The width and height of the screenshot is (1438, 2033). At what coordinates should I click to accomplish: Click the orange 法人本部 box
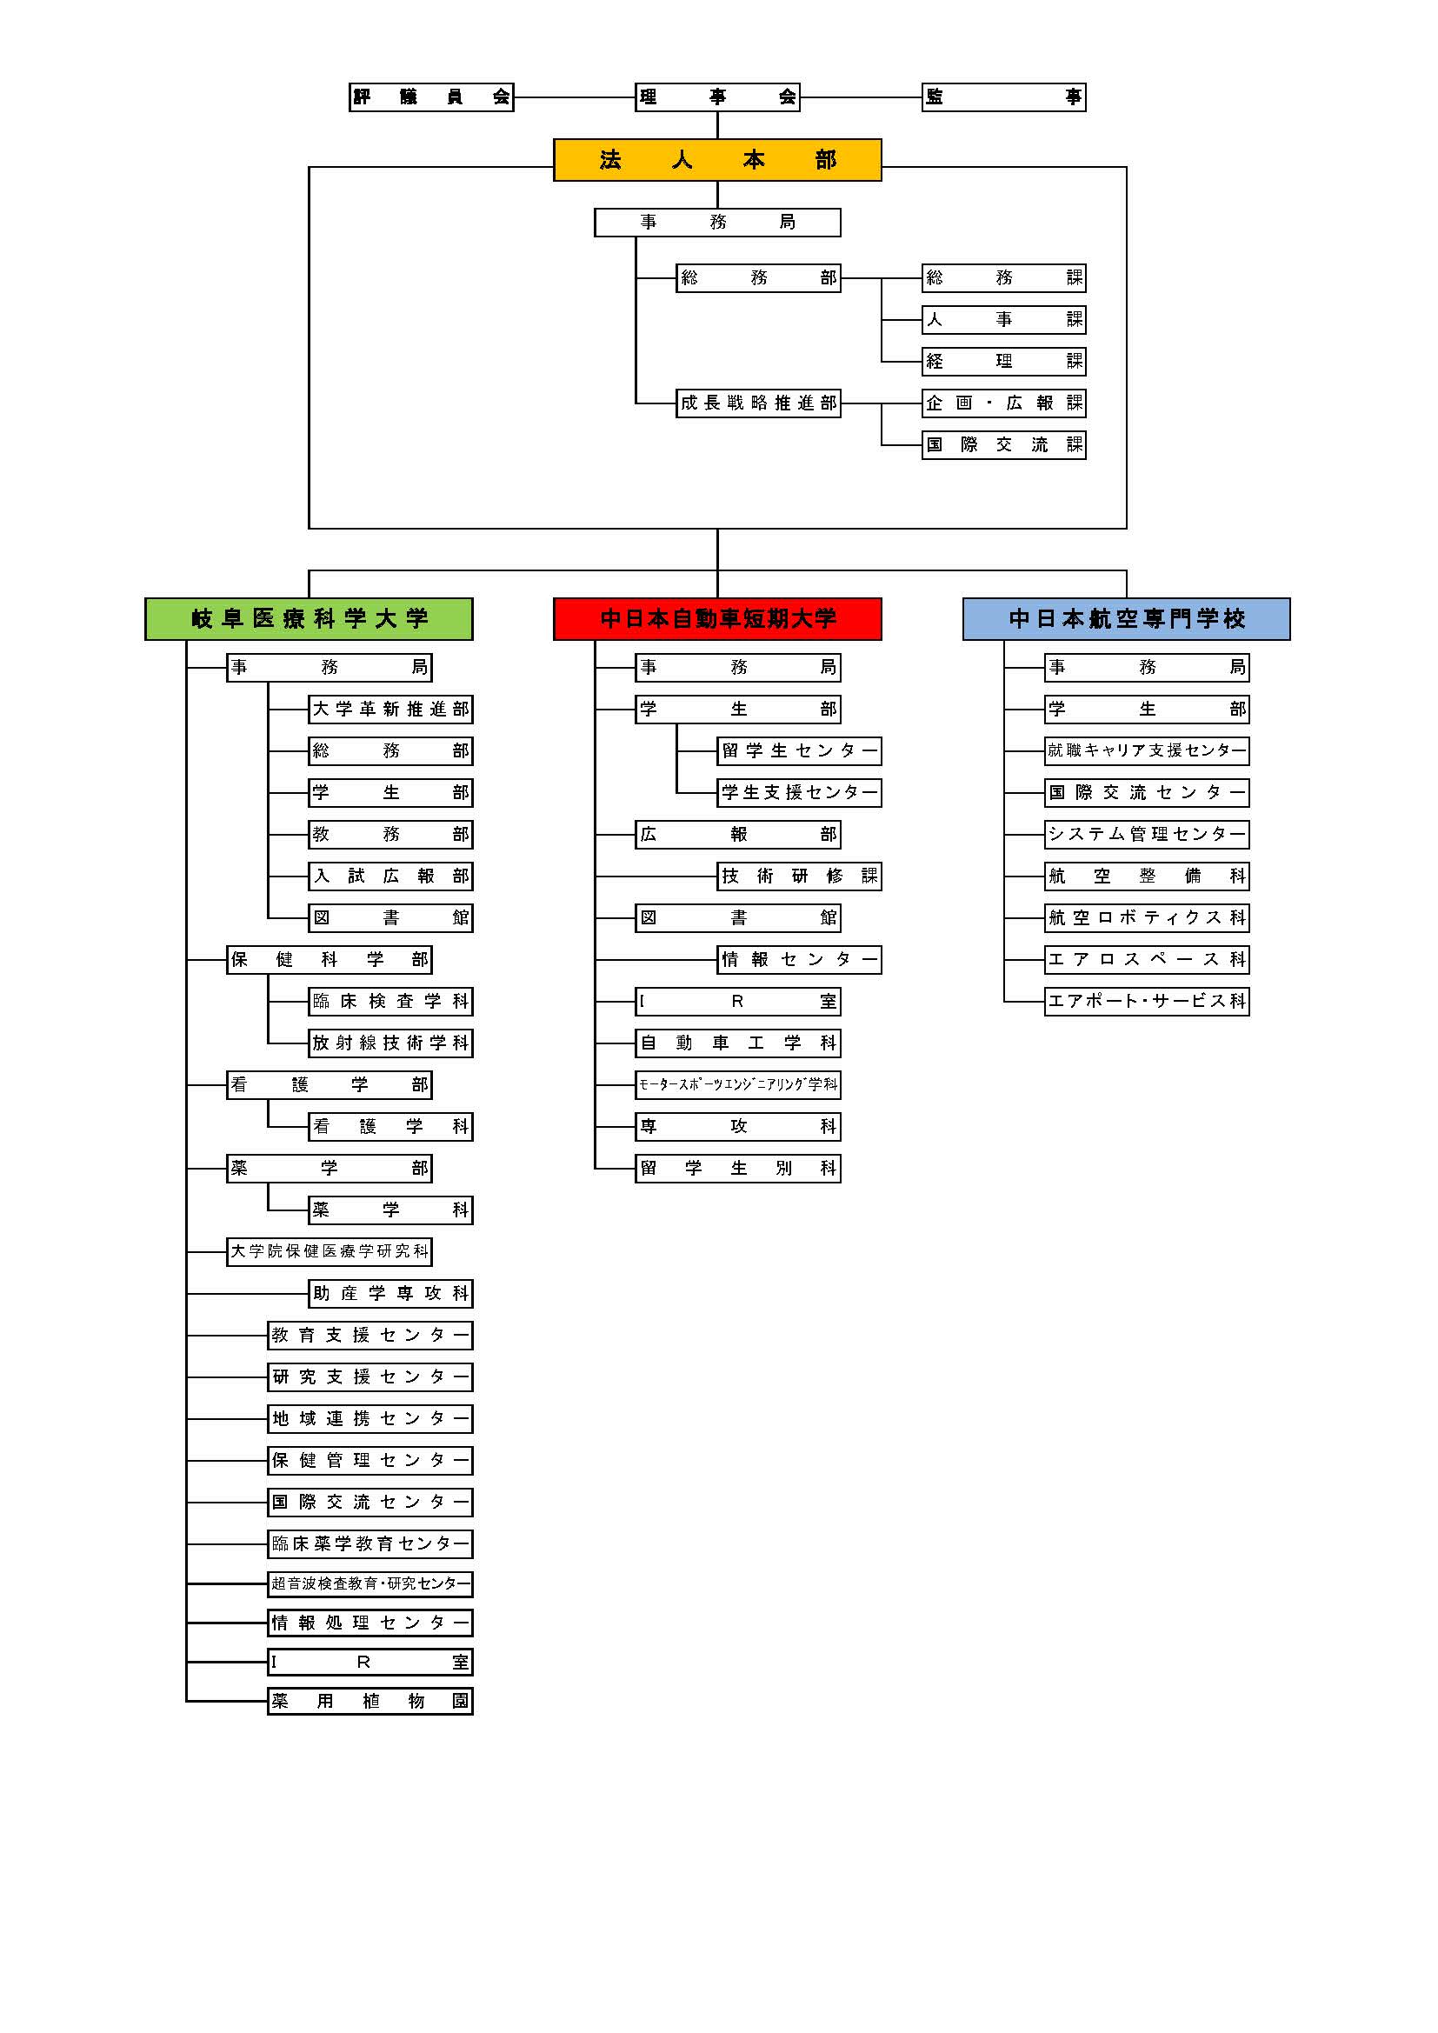[717, 160]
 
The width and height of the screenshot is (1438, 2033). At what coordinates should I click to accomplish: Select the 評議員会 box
[431, 97]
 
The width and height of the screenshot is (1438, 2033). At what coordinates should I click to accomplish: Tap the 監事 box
[1003, 97]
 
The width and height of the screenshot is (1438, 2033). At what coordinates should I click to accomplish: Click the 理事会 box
[717, 97]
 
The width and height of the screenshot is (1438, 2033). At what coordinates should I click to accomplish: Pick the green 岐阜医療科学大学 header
[309, 619]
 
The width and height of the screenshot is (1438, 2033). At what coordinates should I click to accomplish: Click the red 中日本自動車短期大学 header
[717, 619]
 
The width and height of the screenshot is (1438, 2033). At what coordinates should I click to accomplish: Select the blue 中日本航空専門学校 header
[1126, 619]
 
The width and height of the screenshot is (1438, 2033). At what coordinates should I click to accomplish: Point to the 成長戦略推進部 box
[758, 403]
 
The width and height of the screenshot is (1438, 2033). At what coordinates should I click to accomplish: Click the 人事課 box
[1003, 320]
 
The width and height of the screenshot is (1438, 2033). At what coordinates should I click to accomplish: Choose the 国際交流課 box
[1003, 445]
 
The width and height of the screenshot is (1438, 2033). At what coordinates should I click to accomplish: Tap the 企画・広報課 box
[1003, 403]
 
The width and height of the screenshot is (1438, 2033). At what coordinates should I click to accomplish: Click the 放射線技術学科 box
[390, 1043]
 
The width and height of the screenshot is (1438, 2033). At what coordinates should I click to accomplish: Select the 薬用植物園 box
[370, 1701]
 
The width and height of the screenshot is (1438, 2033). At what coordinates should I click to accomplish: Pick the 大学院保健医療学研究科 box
[330, 1252]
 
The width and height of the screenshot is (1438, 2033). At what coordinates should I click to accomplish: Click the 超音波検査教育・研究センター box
[370, 1584]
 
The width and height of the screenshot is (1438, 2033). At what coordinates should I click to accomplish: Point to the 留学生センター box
[800, 752]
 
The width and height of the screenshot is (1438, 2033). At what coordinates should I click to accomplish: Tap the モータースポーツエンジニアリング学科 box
[737, 1084]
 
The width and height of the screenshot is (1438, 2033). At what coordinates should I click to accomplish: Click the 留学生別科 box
[737, 1169]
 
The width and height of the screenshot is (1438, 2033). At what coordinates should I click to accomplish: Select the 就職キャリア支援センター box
[1147, 752]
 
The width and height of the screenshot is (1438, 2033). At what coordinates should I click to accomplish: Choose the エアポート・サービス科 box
[1147, 1002]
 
